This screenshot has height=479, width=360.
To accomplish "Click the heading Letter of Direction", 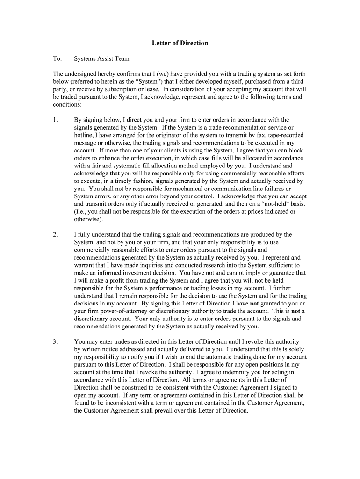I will click(180, 43).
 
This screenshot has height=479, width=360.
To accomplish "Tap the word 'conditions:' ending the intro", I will click(67, 105).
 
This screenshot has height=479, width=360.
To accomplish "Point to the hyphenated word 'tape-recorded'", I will click(281, 135).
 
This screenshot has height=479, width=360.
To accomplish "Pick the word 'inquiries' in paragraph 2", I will click(157, 265).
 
